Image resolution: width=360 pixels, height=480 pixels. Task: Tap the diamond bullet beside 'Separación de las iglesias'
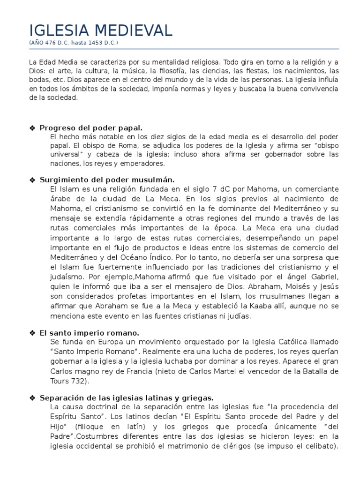32,398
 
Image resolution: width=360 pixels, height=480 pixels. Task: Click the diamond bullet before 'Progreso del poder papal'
32,127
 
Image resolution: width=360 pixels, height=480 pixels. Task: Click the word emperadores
142,164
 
